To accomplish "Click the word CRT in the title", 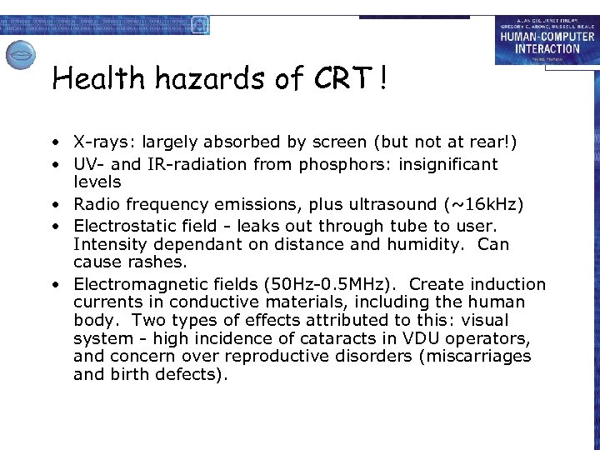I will (342, 80).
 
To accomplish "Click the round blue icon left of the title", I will (21, 56).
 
